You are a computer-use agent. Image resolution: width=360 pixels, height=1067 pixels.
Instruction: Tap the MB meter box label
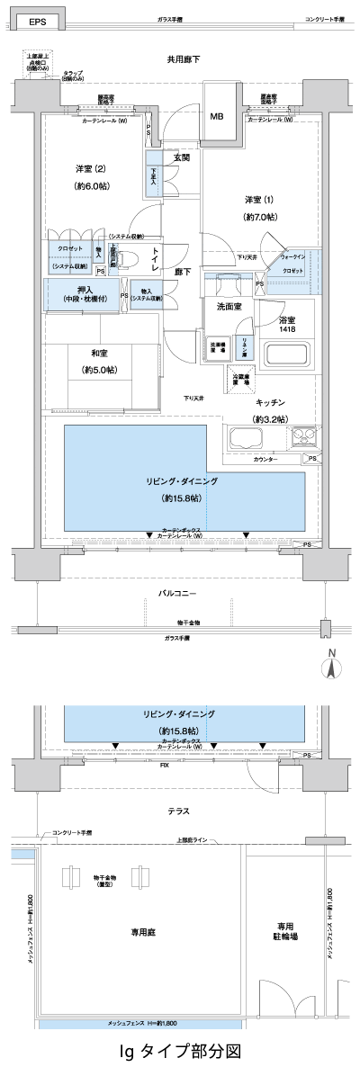pyautogui.click(x=217, y=116)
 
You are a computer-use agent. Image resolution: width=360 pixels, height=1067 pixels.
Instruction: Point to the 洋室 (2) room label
pyautogui.click(x=92, y=169)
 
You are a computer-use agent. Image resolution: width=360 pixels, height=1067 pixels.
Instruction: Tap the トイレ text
pyautogui.click(x=155, y=259)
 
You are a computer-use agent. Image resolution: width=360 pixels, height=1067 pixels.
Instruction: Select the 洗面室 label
pyautogui.click(x=229, y=307)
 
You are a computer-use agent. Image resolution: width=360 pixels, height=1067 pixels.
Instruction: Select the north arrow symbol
pyautogui.click(x=331, y=667)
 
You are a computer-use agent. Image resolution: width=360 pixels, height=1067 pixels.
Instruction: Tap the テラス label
pyautogui.click(x=178, y=811)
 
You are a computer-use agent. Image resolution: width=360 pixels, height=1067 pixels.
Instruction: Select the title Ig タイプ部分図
pyautogui.click(x=180, y=1050)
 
